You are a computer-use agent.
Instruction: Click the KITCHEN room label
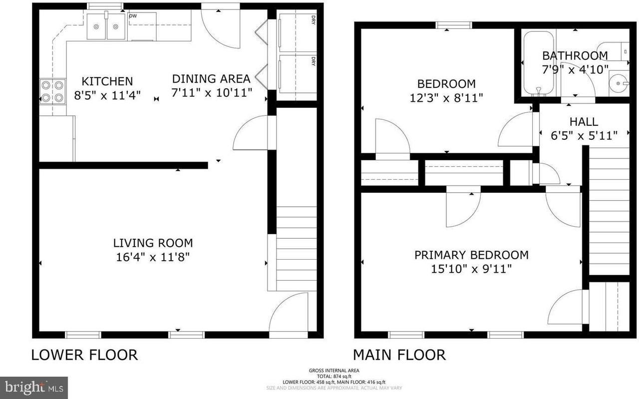pyautogui.click(x=107, y=81)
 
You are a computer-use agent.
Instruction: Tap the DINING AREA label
pyautogui.click(x=211, y=79)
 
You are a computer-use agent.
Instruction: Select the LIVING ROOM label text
pyautogui.click(x=153, y=243)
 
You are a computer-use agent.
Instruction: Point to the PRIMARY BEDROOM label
pyautogui.click(x=471, y=255)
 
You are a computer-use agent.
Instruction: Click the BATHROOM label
pyautogui.click(x=575, y=55)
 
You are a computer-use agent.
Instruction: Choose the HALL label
pyautogui.click(x=584, y=121)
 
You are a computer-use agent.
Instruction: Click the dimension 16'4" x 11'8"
pyautogui.click(x=153, y=257)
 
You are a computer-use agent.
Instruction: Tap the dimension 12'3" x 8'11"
pyautogui.click(x=446, y=98)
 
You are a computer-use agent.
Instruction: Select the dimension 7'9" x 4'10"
pyautogui.click(x=575, y=69)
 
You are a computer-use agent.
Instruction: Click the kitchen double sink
pyautogui.click(x=106, y=26)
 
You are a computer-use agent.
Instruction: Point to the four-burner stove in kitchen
pyautogui.click(x=52, y=91)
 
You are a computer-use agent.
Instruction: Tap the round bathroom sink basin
pyautogui.click(x=618, y=83)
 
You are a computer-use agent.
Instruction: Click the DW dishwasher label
pyautogui.click(x=133, y=16)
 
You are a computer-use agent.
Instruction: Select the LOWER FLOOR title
pyautogui.click(x=84, y=355)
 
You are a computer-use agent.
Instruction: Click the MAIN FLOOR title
pyautogui.click(x=399, y=355)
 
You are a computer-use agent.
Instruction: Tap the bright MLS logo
pyautogui.click(x=33, y=388)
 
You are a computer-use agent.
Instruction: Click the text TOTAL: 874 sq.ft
pyautogui.click(x=334, y=376)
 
